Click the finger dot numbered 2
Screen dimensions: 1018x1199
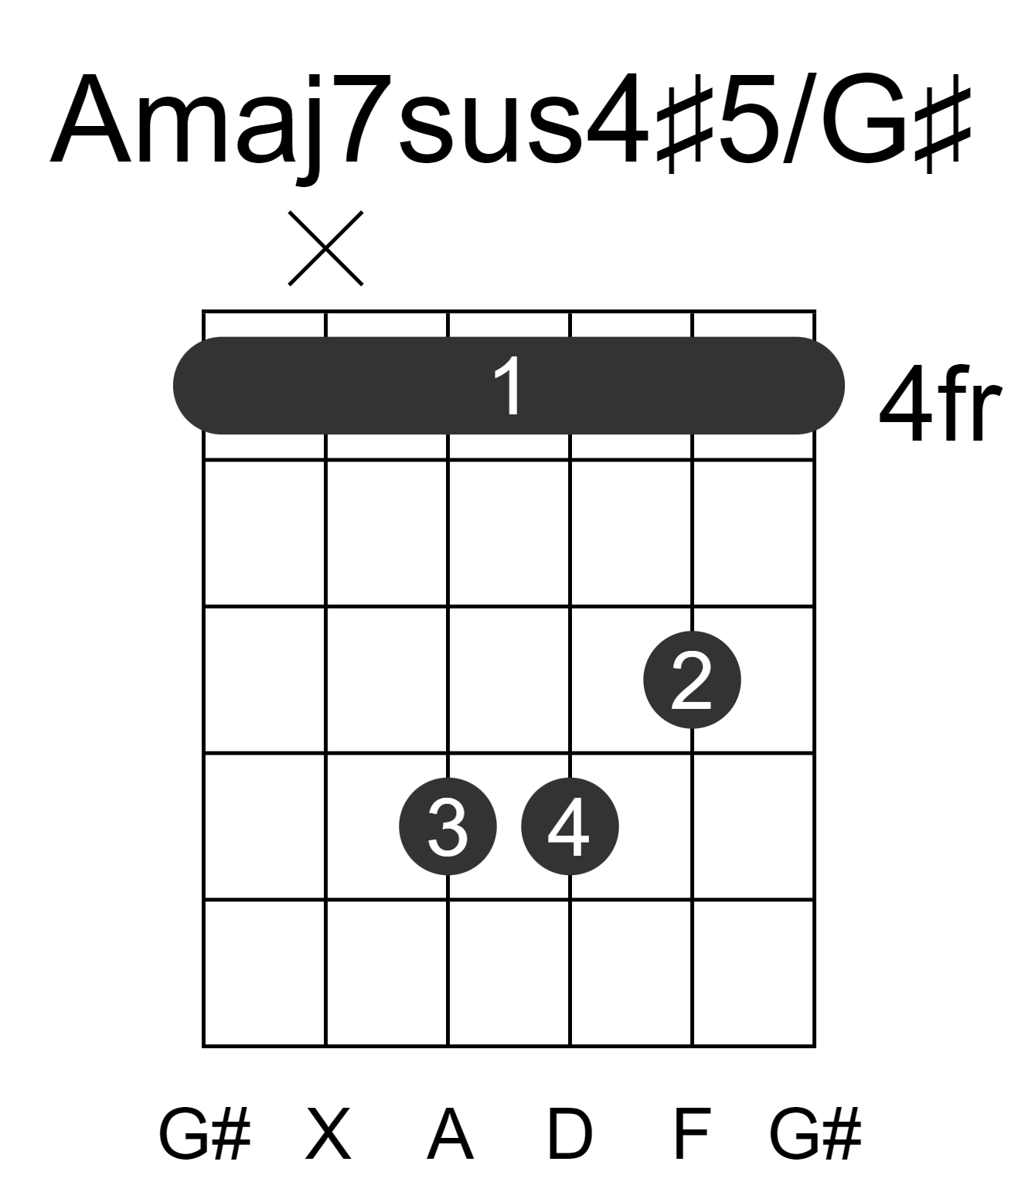[692, 680]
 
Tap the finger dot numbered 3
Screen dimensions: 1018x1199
[448, 826]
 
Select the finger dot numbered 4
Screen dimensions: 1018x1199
[570, 826]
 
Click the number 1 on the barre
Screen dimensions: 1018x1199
[508, 386]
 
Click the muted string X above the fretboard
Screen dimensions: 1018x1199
[325, 248]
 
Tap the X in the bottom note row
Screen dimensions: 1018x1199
[329, 1133]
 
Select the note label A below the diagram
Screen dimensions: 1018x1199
[451, 1133]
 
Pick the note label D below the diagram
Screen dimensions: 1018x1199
[570, 1133]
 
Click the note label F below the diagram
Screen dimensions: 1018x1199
[693, 1133]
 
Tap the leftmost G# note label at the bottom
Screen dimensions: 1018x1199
[205, 1133]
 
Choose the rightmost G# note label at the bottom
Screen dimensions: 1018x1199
[815, 1133]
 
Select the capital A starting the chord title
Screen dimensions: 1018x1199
[90, 119]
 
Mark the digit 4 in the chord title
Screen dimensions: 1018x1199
[617, 120]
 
